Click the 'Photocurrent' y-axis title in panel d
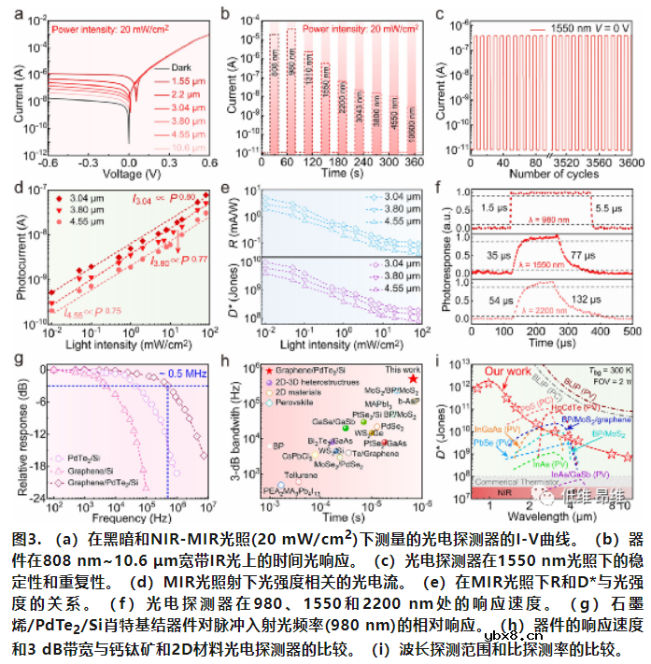21,257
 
